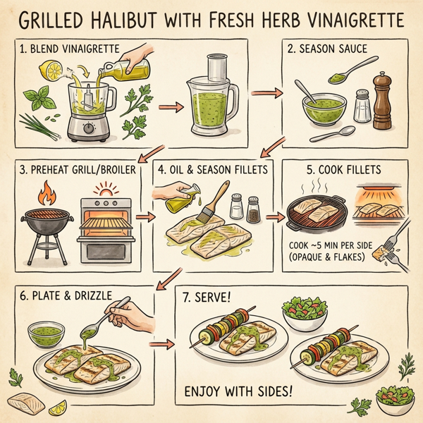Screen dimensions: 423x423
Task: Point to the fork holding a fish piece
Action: (x=395, y=240)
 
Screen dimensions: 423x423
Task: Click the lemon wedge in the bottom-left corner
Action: (x=58, y=407)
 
